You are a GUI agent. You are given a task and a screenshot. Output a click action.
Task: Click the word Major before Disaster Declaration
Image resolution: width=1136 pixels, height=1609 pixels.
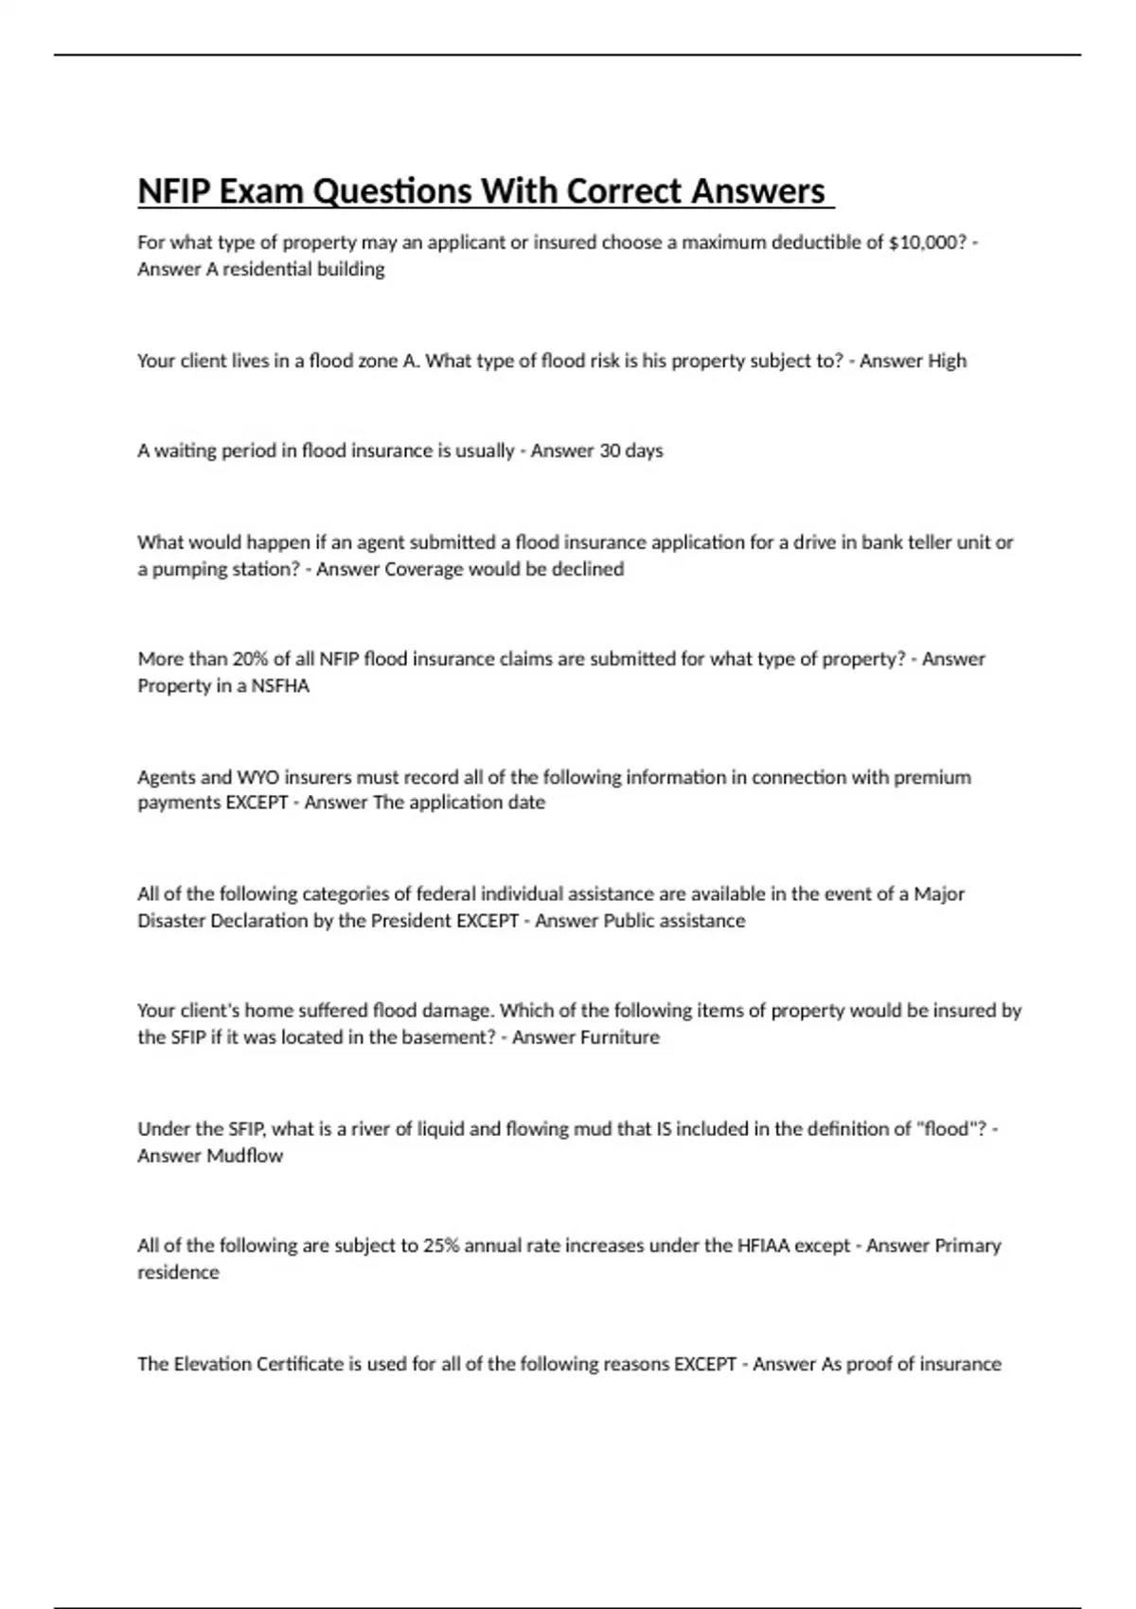(x=938, y=894)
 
